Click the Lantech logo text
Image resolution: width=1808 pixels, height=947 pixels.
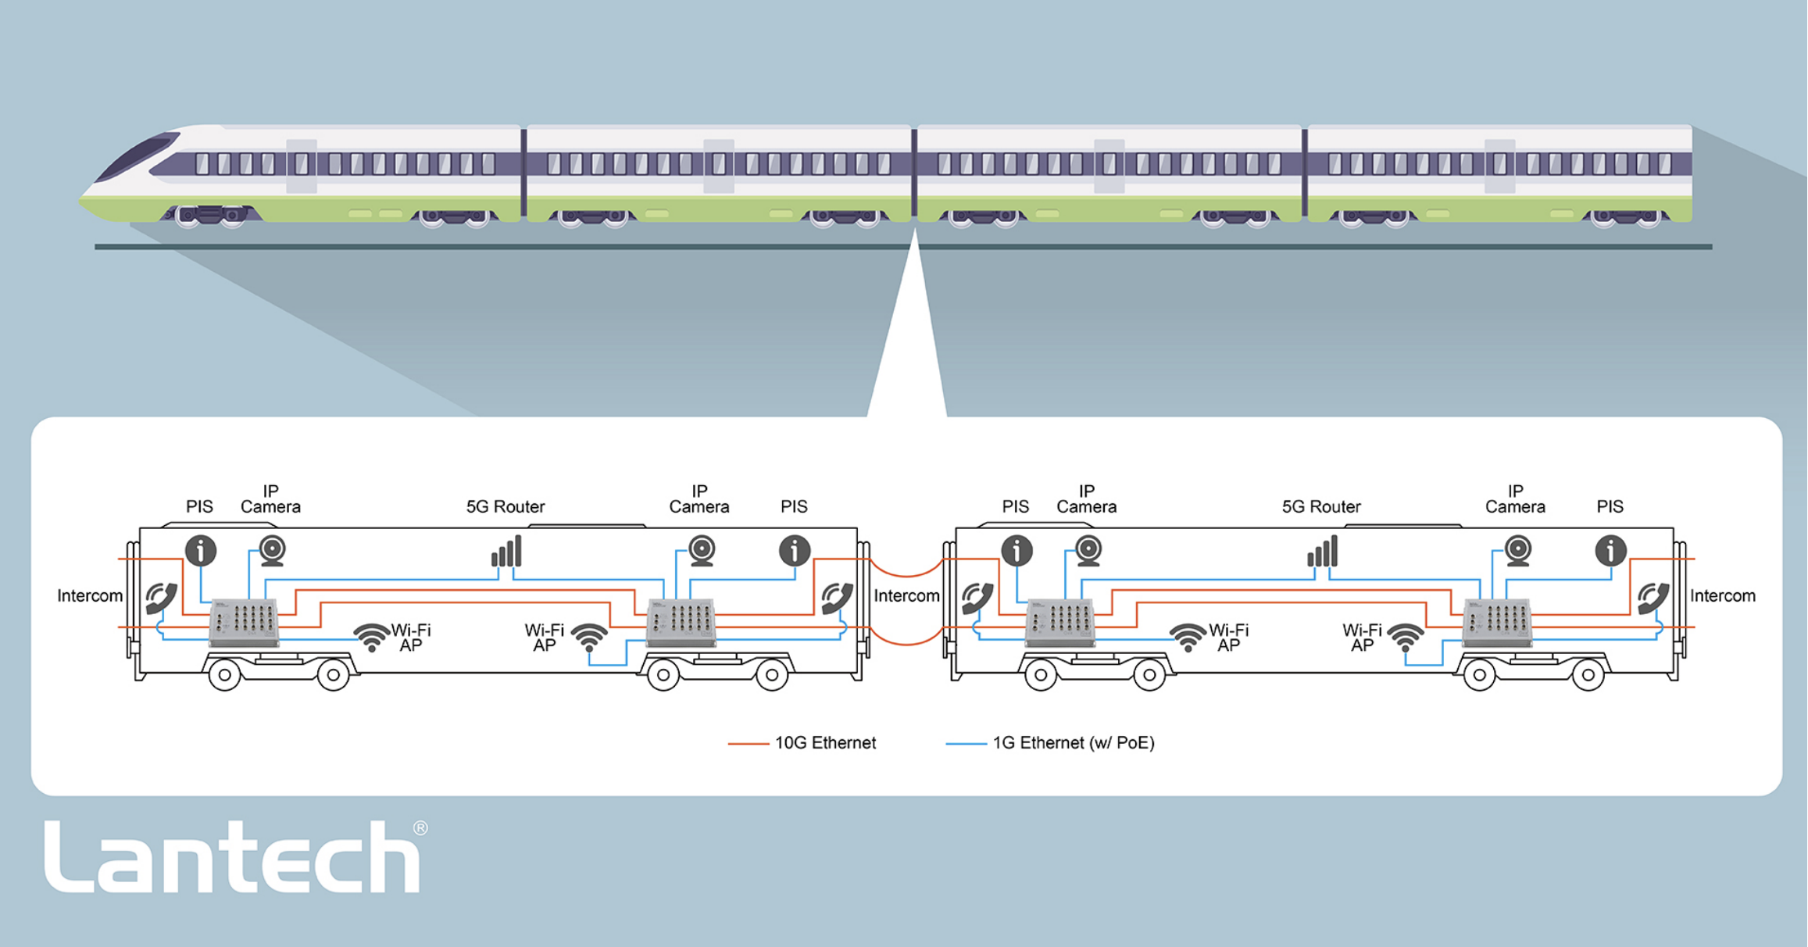(232, 856)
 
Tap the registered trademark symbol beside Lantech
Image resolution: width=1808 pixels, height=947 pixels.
(420, 827)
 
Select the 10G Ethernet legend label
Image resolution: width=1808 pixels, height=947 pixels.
(825, 742)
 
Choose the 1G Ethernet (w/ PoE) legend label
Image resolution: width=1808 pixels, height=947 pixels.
(1074, 742)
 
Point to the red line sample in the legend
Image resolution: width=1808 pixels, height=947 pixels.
(748, 744)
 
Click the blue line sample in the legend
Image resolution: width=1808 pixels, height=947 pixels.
(966, 744)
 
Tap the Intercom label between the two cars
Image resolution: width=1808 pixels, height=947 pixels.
(906, 595)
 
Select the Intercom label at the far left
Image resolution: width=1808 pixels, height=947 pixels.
(90, 595)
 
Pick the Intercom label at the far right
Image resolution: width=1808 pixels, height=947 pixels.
(1723, 595)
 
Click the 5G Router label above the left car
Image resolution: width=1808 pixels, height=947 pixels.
(506, 506)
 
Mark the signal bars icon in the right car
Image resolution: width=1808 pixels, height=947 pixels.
(1322, 551)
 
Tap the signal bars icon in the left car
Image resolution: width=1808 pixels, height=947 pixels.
(506, 551)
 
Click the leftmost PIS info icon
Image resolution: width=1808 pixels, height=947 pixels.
(201, 551)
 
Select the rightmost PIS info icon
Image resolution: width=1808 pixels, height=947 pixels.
(1610, 551)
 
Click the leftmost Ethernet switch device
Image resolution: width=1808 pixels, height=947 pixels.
(244, 623)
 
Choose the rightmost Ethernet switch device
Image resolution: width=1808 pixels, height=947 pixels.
(1497, 623)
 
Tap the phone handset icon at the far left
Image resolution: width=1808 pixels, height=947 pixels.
(161, 599)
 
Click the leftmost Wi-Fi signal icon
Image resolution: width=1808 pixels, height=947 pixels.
(372, 637)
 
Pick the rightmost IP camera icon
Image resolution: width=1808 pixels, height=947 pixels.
(1518, 551)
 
